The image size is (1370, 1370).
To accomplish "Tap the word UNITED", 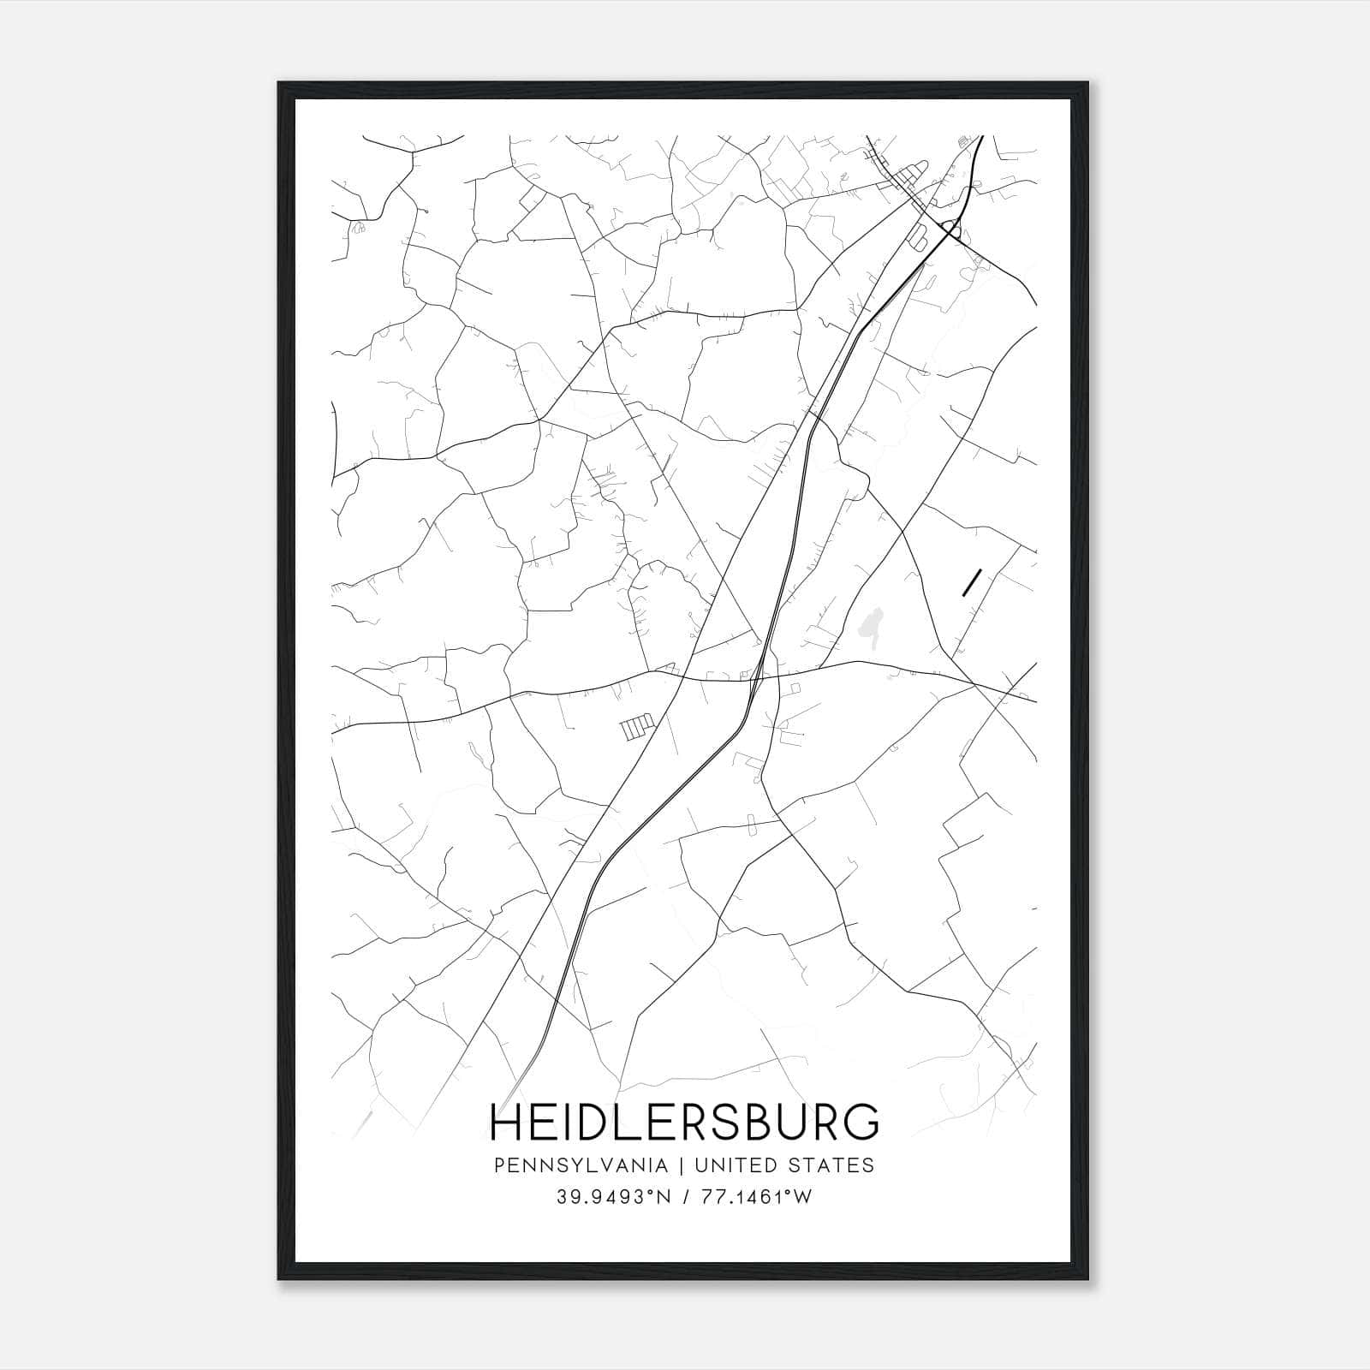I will [734, 1165].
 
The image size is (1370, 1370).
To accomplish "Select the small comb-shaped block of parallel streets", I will [636, 727].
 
